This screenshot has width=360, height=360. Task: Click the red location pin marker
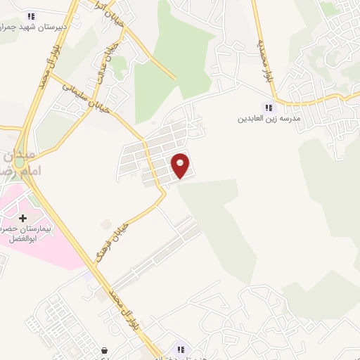pyautogui.click(x=181, y=165)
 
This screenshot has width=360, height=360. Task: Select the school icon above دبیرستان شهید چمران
pyautogui.click(x=30, y=15)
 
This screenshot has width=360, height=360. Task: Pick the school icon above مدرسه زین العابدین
pyautogui.click(x=267, y=108)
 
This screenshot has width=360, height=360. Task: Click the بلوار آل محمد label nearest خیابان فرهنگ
pyautogui.click(x=122, y=310)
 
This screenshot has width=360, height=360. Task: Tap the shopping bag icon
pyautogui.click(x=105, y=349)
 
